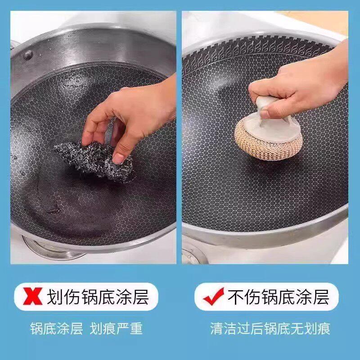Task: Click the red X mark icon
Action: click(32, 296)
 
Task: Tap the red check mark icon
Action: click(213, 296)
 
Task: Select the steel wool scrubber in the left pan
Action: click(94, 161)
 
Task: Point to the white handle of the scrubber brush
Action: click(271, 119)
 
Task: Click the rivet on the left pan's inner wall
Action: click(28, 55)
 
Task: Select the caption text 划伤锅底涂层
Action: click(98, 297)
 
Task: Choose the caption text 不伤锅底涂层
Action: click(278, 297)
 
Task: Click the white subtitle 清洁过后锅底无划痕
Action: click(270, 328)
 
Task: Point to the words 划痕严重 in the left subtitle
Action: click(116, 328)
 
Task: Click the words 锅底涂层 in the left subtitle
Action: click(57, 328)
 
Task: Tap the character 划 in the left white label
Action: click(55, 297)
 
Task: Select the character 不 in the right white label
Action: click(236, 297)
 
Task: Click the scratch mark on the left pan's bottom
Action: click(54, 209)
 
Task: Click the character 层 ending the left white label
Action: click(141, 297)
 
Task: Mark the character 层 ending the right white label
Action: click(321, 297)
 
